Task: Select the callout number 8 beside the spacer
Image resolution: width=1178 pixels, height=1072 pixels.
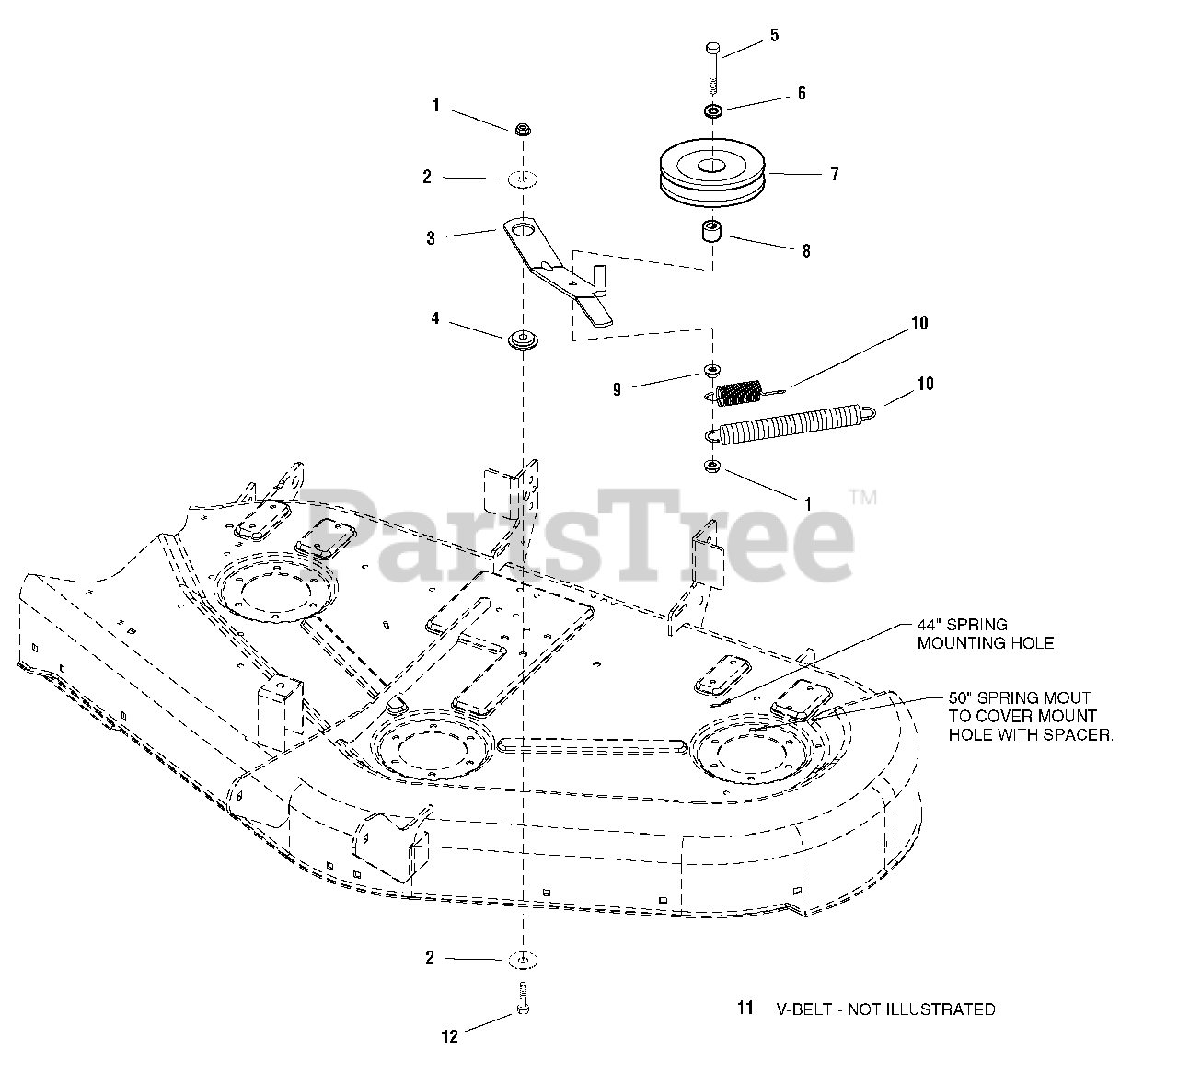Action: (x=806, y=251)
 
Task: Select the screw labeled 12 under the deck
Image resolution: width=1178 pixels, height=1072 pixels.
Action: (x=524, y=998)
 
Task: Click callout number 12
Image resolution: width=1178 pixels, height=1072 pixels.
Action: (x=449, y=1036)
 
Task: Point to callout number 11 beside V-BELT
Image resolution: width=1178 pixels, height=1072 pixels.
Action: (x=745, y=1009)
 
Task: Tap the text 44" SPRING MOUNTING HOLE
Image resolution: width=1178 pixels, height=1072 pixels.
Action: (x=985, y=634)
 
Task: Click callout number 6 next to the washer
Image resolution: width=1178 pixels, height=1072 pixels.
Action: (x=802, y=94)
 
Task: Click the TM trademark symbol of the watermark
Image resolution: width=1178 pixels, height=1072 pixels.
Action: (x=862, y=497)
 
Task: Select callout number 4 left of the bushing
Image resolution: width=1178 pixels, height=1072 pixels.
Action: (x=435, y=318)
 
